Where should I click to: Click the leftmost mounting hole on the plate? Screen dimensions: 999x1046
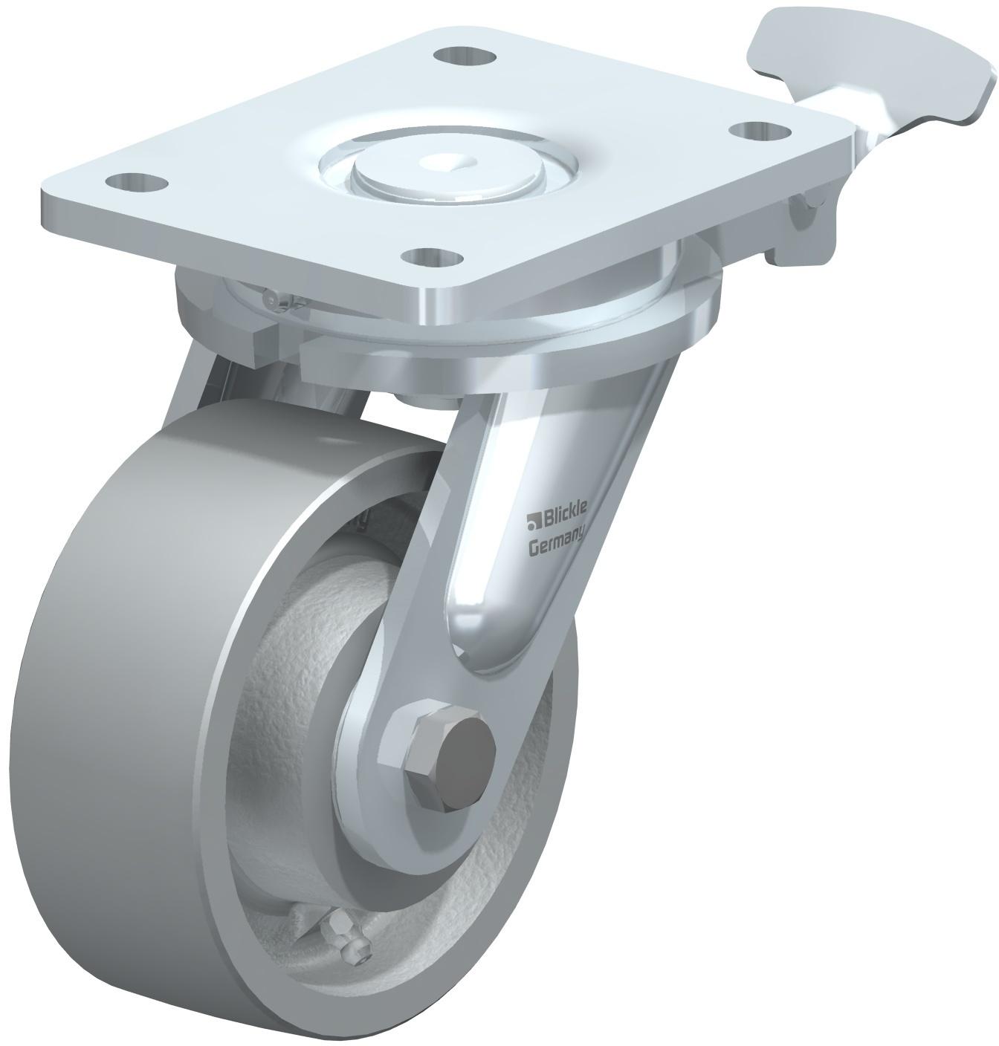(136, 183)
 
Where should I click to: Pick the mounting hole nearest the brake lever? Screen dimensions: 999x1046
(759, 130)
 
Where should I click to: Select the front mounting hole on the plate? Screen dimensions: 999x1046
(432, 258)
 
